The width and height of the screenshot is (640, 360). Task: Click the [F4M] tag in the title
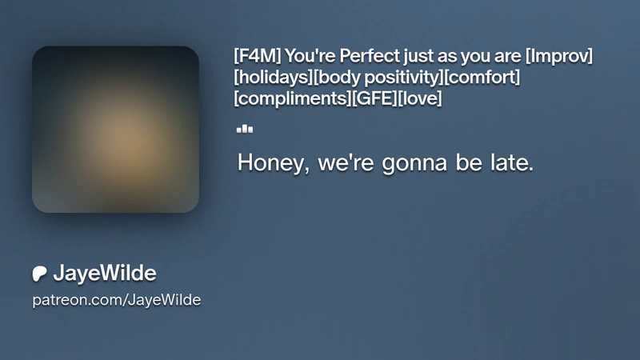tap(257, 56)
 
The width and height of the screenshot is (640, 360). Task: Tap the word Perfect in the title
tap(370, 56)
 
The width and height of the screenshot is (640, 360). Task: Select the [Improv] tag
tap(558, 56)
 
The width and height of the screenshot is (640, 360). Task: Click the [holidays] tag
tap(274, 77)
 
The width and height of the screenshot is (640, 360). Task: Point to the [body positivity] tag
tap(378, 77)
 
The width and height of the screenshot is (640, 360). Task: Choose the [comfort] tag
tap(482, 77)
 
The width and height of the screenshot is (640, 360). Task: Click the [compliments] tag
tap(292, 98)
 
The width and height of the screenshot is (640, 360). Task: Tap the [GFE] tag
tap(374, 98)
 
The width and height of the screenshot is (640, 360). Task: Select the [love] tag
tap(419, 98)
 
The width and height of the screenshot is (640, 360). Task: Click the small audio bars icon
tap(245, 129)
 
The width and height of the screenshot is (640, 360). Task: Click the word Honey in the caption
tap(273, 163)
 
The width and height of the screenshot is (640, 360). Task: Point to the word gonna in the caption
tap(414, 163)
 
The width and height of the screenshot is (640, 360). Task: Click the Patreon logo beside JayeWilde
tap(39, 274)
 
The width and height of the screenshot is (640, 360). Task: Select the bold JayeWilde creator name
tap(105, 273)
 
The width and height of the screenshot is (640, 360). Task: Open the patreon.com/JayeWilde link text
tap(117, 300)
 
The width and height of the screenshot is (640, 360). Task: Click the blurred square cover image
tap(115, 130)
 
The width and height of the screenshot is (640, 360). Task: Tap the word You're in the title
tap(310, 56)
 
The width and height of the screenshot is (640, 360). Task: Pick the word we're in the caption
tap(346, 163)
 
